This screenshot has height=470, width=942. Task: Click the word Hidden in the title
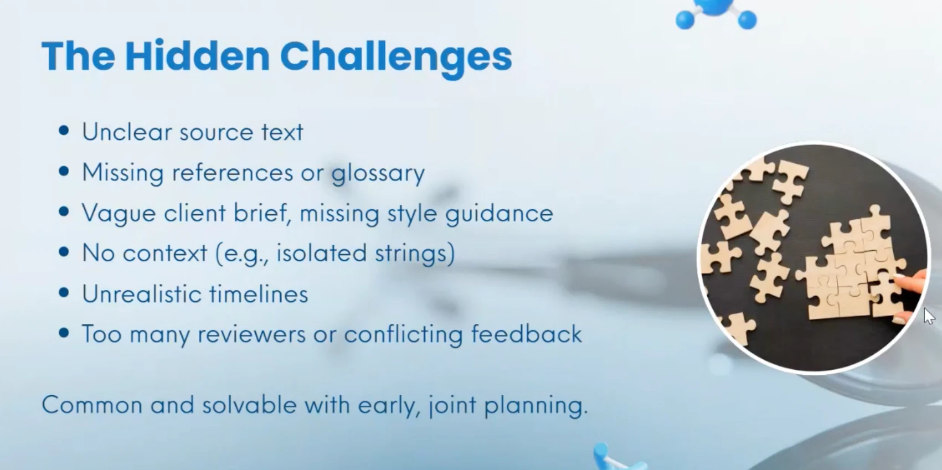point(197,56)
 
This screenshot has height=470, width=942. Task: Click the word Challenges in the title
point(395,57)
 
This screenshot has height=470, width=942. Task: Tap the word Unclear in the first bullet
point(127,132)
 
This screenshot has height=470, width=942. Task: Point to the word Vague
point(119,214)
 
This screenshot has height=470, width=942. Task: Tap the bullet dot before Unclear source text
point(64,131)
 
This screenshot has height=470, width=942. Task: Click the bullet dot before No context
point(64,252)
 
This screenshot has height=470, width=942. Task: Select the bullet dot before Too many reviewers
point(64,333)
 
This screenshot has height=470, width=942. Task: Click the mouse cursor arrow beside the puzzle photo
point(929,316)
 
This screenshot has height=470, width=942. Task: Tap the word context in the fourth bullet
point(164,254)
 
